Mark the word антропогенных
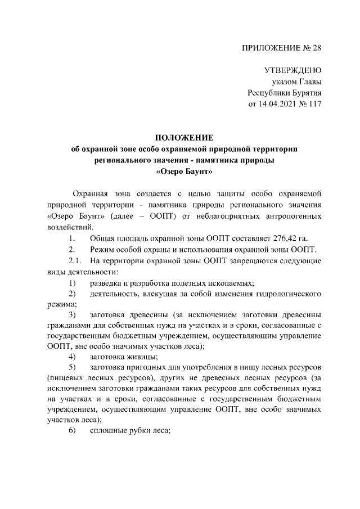[x=292, y=216]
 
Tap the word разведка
[x=107, y=282]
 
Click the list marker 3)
[x=72, y=314]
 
